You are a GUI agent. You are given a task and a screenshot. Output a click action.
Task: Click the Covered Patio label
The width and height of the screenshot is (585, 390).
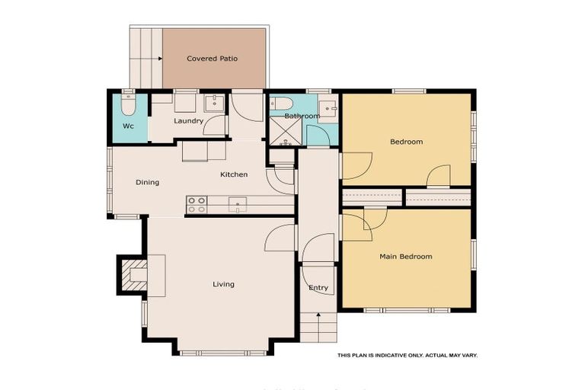(x=213, y=59)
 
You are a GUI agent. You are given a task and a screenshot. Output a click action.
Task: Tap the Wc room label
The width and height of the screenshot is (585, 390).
(x=128, y=126)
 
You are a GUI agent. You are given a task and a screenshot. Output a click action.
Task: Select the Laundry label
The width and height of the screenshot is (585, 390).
(x=188, y=121)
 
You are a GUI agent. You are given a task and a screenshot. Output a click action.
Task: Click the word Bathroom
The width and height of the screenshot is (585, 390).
(x=302, y=116)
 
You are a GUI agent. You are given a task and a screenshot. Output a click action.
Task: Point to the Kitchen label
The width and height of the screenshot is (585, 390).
(x=234, y=175)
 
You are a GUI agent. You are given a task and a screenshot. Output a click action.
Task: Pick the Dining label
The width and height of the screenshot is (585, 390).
(x=147, y=183)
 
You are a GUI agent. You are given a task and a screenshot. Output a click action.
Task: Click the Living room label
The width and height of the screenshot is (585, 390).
(x=223, y=285)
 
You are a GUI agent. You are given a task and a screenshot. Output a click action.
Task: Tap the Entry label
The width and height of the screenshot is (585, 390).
(x=318, y=288)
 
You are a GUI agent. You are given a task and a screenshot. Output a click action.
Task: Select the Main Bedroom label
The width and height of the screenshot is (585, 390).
(x=405, y=257)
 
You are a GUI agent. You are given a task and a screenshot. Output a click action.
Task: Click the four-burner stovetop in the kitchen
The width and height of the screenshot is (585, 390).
(x=197, y=204)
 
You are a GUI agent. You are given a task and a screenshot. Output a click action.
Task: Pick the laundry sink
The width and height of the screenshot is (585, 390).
(x=213, y=104)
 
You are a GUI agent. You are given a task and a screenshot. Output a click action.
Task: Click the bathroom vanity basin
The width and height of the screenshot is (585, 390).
(x=328, y=109)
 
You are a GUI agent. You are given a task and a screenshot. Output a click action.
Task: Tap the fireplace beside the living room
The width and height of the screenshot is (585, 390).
(x=133, y=274)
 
